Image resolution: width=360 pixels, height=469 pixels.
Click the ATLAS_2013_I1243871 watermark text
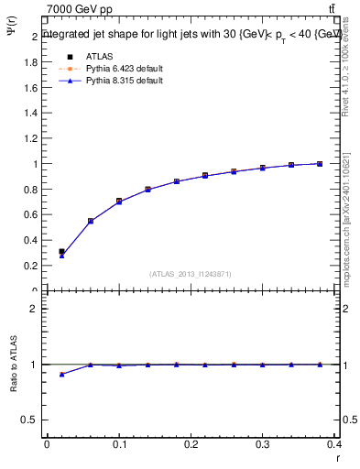point(190,274)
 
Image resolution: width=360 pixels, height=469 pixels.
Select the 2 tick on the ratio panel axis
point(33,309)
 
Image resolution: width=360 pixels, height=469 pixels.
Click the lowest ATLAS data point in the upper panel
point(61,251)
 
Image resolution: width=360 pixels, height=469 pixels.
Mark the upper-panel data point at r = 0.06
point(91,221)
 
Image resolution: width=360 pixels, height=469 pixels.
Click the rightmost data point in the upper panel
point(320,164)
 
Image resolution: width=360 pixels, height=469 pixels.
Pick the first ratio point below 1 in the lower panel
point(61,374)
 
